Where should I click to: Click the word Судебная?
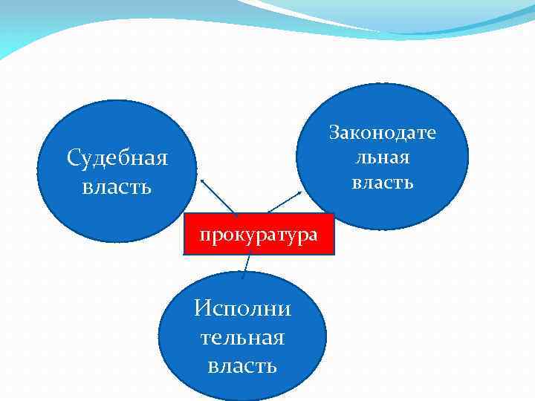117,158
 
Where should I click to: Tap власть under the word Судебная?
117,186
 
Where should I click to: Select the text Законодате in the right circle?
383,134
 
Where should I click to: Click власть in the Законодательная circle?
383,182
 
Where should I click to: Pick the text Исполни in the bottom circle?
242,307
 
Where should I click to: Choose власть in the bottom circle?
242,365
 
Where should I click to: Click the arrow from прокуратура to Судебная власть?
218,196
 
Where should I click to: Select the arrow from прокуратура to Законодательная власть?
283,203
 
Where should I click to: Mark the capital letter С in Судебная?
74,158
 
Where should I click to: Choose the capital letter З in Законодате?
336,134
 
